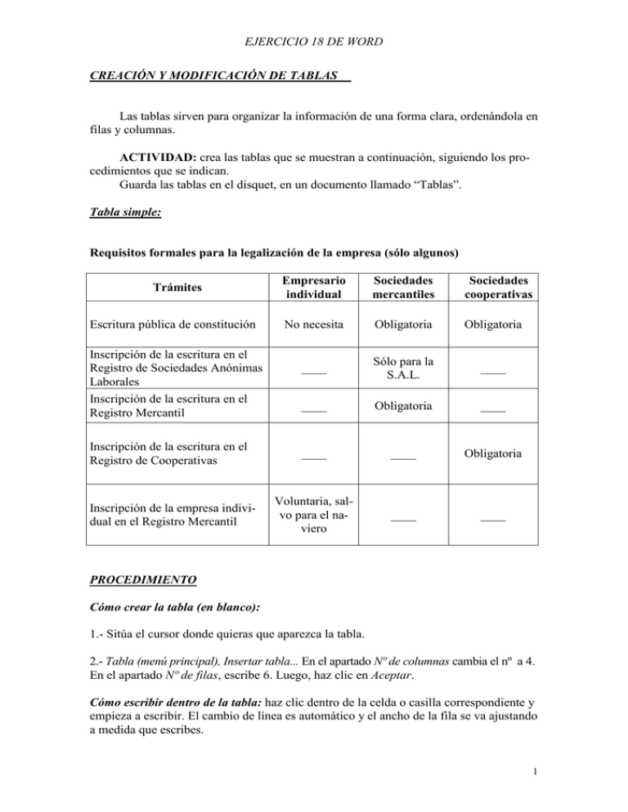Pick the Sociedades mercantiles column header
pos(402,288)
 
